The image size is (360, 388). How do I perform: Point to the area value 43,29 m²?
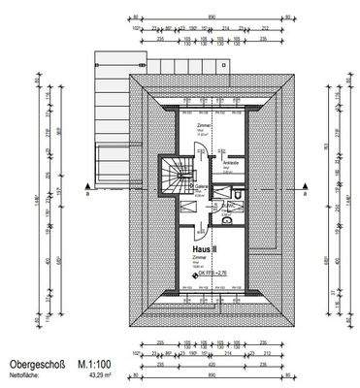click(x=103, y=372)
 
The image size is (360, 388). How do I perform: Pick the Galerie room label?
click(x=203, y=188)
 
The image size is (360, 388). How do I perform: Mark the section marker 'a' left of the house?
click(x=87, y=194)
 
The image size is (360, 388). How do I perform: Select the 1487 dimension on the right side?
click(x=339, y=199)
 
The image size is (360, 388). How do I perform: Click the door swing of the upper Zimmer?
click(x=200, y=150)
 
